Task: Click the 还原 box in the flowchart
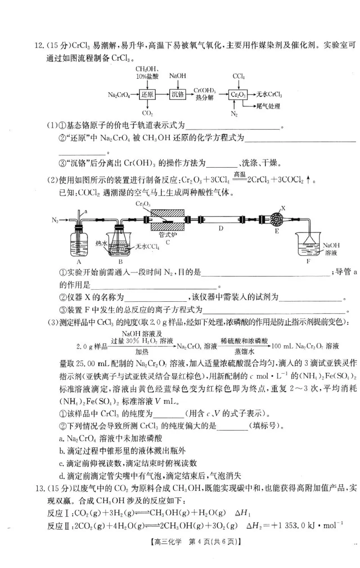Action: (148, 94)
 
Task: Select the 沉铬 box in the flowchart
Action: (178, 94)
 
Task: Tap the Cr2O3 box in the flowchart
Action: (238, 94)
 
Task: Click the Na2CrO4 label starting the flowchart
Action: (119, 95)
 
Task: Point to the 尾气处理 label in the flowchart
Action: (268, 107)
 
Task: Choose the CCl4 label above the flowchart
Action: (238, 76)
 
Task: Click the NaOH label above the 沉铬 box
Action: (178, 76)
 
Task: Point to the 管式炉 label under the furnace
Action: (167, 235)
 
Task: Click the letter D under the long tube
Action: (220, 228)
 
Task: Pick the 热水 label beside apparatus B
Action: (102, 243)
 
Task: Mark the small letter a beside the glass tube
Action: (86, 211)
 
